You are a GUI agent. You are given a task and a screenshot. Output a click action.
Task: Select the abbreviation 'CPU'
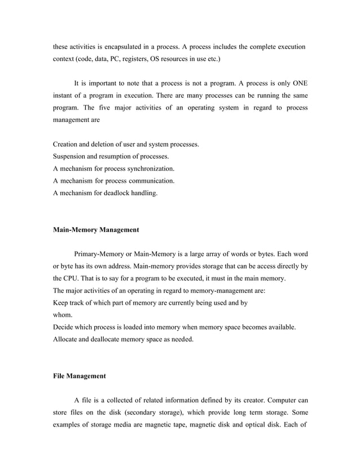72,279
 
